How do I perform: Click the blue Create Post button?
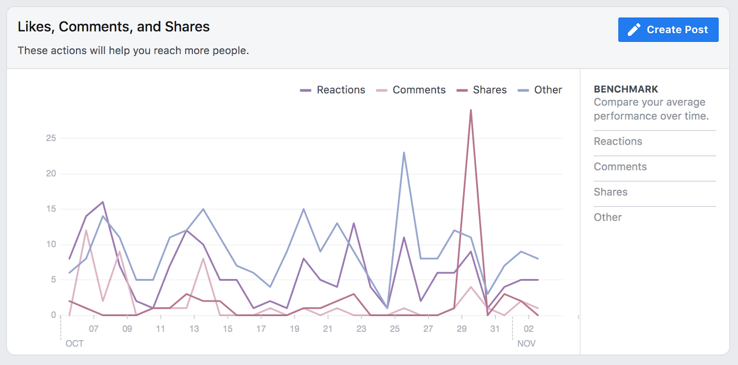[668, 29]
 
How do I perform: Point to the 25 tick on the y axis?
[51, 138]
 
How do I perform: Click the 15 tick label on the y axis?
[51, 209]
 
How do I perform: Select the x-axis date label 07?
[94, 329]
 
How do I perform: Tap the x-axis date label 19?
[294, 329]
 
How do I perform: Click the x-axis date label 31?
[495, 329]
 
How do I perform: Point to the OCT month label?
[75, 343]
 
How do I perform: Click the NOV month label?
[526, 343]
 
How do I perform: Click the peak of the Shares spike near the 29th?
[471, 110]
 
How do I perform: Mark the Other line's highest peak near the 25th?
[404, 153]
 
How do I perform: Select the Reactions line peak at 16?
[103, 202]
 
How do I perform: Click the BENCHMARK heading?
[626, 89]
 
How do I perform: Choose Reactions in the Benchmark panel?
[618, 141]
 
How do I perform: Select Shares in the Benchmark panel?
[610, 192]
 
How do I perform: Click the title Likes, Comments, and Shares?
[113, 27]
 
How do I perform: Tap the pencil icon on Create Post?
[634, 29]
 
